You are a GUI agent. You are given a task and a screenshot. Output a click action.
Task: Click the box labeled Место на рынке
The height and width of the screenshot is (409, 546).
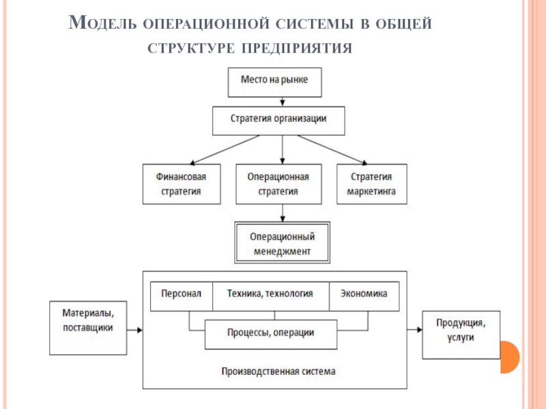coord(275,82)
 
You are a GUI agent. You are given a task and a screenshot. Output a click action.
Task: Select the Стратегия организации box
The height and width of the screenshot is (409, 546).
coord(278,121)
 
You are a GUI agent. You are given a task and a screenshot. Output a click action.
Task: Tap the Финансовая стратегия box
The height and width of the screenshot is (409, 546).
coord(182,184)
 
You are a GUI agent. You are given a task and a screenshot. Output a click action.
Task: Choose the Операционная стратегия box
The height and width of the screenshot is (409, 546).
coord(278,184)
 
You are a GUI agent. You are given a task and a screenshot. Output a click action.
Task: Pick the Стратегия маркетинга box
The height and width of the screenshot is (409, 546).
coord(372,184)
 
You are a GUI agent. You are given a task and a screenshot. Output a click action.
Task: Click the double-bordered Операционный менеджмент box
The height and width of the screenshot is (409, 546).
coord(282,243)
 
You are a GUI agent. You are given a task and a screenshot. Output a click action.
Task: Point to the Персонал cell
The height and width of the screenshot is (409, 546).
coord(182,296)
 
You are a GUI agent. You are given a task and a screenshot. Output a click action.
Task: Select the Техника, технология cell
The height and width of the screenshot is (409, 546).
coord(271,296)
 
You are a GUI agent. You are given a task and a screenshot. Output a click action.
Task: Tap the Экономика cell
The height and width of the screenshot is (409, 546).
coord(364,296)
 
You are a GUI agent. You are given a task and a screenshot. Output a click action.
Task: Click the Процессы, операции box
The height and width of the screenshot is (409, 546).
coord(271,335)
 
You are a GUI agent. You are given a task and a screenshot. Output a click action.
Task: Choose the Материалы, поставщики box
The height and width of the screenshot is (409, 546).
coord(88,328)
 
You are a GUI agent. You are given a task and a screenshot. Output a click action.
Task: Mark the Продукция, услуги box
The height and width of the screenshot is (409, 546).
coord(461,335)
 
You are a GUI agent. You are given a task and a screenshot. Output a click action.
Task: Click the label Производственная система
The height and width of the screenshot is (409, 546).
coord(278,372)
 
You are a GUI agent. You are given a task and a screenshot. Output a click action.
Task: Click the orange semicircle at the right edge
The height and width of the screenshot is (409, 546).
coord(509,357)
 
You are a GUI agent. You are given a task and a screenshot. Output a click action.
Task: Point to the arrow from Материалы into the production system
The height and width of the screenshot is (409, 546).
coord(134,330)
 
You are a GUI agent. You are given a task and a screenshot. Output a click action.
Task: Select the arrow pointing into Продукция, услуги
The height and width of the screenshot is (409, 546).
coord(415,330)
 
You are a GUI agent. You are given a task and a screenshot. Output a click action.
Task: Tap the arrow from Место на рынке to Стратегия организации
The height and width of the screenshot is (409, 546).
coord(283,102)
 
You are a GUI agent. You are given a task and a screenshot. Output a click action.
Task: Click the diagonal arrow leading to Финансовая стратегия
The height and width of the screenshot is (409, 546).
coord(225,149)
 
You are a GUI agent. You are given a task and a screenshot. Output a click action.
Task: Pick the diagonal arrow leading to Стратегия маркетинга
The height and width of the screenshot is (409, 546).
coord(333,149)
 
